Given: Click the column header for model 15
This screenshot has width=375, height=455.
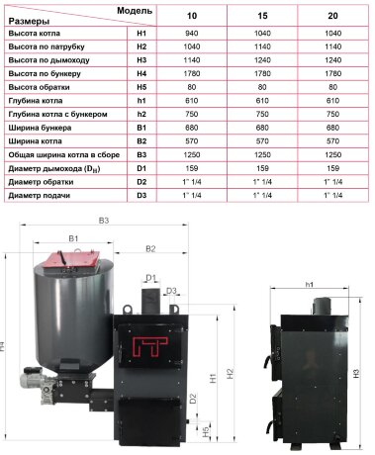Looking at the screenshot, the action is (262, 16).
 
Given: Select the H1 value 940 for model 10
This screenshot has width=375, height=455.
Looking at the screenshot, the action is (192, 34).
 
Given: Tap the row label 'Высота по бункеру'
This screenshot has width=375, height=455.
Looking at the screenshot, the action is (45, 74).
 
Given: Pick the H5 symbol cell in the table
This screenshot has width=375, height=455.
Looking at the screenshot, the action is (141, 87).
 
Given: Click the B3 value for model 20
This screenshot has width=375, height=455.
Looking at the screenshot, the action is (332, 155).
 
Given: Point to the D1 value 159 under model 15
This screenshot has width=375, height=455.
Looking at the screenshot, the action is (262, 168).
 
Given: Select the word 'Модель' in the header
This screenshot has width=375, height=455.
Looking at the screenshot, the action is (135, 11).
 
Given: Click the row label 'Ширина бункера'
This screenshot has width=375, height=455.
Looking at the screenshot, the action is (40, 128).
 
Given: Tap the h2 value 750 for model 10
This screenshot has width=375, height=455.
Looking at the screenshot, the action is (192, 115).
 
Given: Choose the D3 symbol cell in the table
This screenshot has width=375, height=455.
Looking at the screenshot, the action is (141, 196).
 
